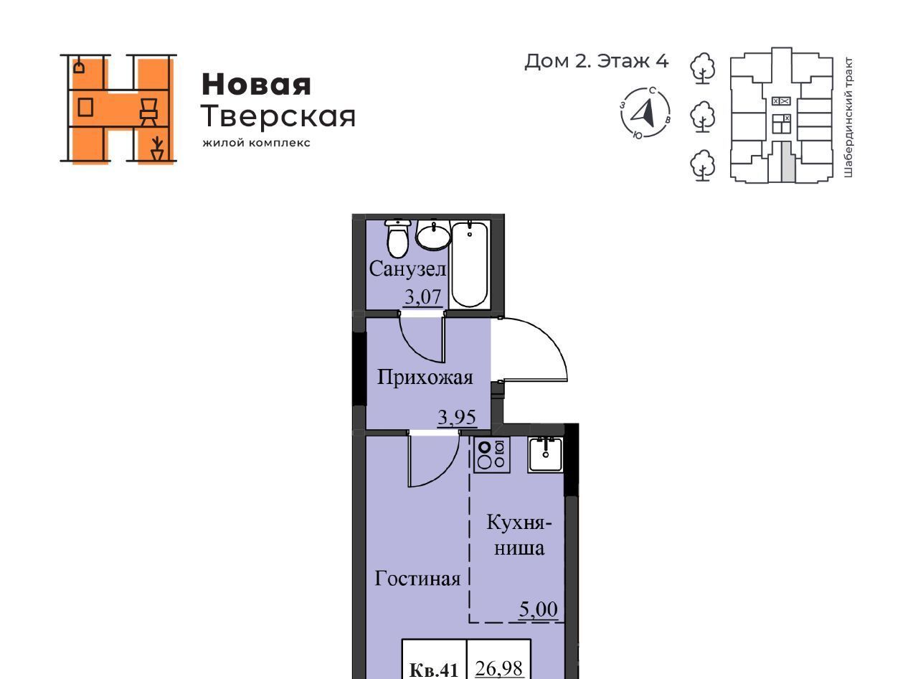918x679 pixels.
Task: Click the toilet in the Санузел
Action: [x=398, y=239]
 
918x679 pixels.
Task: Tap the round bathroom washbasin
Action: [x=433, y=235]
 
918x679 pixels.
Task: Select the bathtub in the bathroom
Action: [x=470, y=264]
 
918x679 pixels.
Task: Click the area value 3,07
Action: [x=422, y=296]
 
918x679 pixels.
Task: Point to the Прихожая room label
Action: [x=425, y=378]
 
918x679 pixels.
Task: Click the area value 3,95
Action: [x=457, y=417]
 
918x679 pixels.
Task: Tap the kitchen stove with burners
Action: [x=492, y=455]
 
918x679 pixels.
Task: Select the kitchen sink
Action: [x=545, y=455]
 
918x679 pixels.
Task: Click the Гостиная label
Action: [x=417, y=579]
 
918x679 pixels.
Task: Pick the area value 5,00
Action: [x=538, y=609]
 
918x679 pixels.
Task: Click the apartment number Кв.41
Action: [x=434, y=670]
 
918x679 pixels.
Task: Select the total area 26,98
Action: [x=498, y=668]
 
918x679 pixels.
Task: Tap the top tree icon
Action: [x=702, y=68]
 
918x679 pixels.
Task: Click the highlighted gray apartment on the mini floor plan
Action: [x=788, y=161]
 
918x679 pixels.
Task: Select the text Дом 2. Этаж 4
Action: [x=597, y=61]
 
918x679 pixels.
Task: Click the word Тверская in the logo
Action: [x=278, y=116]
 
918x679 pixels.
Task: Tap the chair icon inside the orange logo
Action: [x=148, y=112]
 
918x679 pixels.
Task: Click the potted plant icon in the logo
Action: [x=157, y=149]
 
